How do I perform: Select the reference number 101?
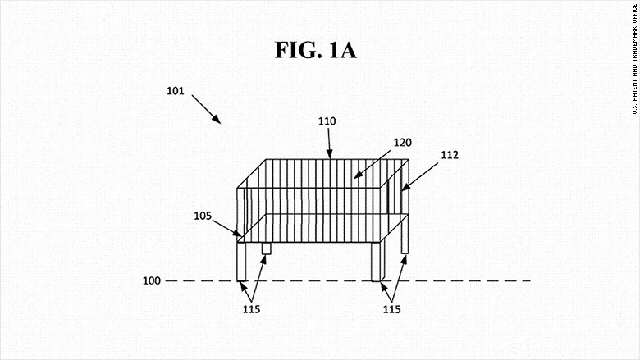[x=176, y=91]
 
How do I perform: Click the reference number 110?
[x=327, y=121]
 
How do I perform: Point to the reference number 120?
[x=402, y=143]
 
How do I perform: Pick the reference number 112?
[x=450, y=155]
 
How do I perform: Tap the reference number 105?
[x=203, y=216]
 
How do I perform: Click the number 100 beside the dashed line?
[x=152, y=280]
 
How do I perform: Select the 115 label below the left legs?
[x=251, y=309]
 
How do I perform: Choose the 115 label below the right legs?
[x=392, y=309]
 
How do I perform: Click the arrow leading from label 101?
[x=206, y=109]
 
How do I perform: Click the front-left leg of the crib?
[x=241, y=262]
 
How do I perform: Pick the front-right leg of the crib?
[x=376, y=262]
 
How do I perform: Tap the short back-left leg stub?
[x=266, y=248]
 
